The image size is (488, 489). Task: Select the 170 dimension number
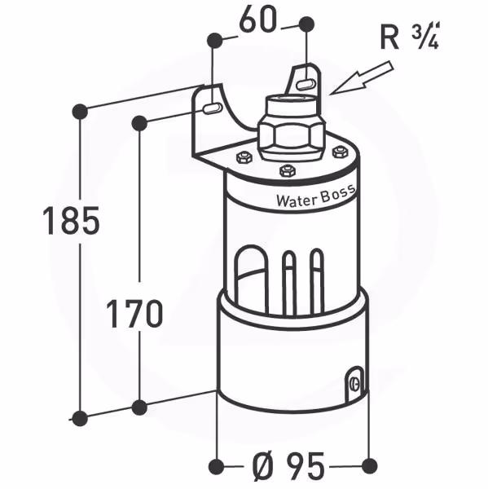coord(134,313)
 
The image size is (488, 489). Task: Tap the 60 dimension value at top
coord(257,20)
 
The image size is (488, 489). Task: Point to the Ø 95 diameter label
coord(288,466)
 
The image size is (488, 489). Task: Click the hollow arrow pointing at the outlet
coord(361,78)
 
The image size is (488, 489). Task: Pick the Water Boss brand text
coord(315,196)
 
